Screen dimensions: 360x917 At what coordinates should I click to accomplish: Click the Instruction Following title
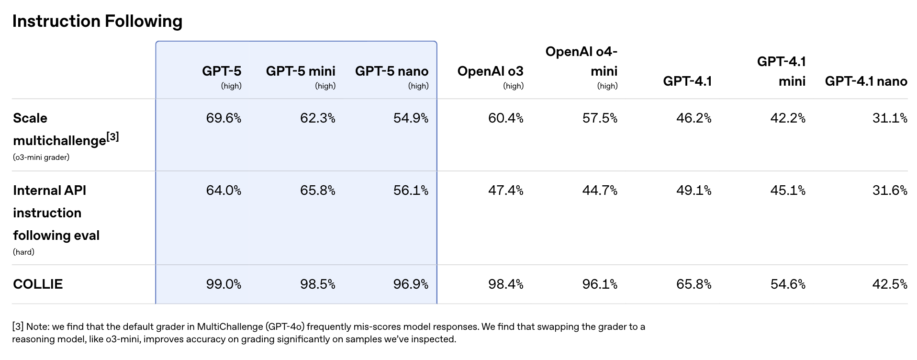coord(97,21)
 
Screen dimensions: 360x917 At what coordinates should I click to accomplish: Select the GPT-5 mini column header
coord(301,71)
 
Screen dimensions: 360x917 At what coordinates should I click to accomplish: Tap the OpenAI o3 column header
coord(490,71)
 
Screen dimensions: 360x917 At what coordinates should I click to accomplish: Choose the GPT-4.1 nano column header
coord(866,81)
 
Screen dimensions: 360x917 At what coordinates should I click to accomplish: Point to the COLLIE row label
coord(38,284)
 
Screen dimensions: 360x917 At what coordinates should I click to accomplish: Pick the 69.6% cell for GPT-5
coord(224,118)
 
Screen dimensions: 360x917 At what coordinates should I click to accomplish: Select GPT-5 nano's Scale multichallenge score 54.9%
coord(411,118)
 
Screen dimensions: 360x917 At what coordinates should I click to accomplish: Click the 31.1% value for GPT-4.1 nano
coord(890,118)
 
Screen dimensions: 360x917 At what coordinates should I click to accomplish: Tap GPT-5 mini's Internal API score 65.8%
coord(318,191)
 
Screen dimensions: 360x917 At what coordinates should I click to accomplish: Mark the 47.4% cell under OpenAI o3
coord(505,191)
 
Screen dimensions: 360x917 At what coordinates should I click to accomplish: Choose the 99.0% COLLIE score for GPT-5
coord(224,284)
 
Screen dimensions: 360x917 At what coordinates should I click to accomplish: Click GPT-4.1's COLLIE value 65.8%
coord(693,284)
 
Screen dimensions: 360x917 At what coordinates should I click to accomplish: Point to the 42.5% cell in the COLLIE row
coord(890,284)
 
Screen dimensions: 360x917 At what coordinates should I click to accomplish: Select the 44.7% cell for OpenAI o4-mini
coord(600,191)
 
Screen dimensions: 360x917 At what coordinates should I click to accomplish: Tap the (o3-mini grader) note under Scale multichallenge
coord(41,157)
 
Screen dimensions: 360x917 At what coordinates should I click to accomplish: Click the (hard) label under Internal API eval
coord(23,252)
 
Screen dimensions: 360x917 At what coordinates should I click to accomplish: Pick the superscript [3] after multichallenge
coord(113,137)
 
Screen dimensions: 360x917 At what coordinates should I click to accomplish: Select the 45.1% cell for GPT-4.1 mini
coord(788,191)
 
